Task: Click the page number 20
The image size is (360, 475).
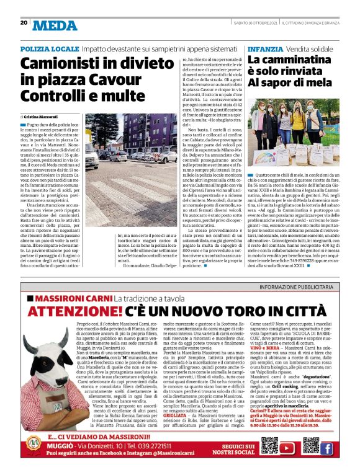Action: click(24, 23)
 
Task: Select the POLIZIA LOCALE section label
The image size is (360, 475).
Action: click(49, 48)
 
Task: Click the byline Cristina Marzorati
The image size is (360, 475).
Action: click(42, 116)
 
